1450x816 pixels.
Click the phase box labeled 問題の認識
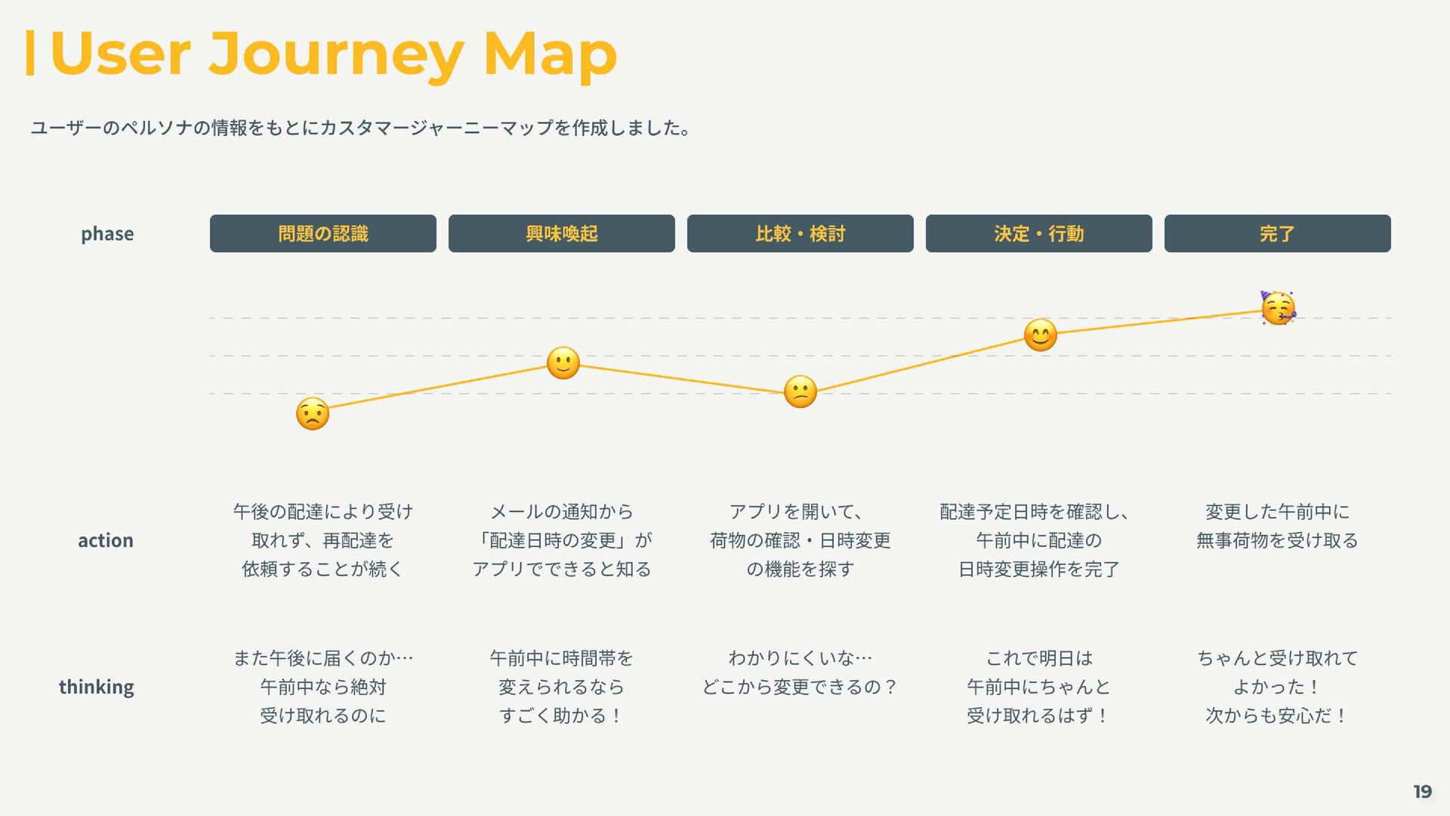[x=322, y=233]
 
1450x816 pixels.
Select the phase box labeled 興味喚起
[x=561, y=233]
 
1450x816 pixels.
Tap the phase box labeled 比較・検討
[x=800, y=233]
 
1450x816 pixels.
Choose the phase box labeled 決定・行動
[x=1038, y=233]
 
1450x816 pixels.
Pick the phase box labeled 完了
[x=1277, y=233]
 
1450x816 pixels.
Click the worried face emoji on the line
[x=313, y=414]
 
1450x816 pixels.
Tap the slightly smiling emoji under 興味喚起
[x=563, y=363]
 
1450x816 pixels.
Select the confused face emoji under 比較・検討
[x=801, y=391]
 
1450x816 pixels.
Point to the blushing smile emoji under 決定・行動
[x=1040, y=335]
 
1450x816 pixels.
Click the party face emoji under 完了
[x=1278, y=308]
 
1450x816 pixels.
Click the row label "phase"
[x=107, y=233]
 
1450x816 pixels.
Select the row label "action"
[x=106, y=540]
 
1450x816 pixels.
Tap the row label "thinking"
[x=97, y=687]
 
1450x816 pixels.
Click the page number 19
[x=1422, y=792]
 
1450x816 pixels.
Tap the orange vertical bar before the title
[x=30, y=53]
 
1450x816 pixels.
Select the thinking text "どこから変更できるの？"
[x=800, y=687]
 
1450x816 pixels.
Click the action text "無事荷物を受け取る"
[x=1277, y=540]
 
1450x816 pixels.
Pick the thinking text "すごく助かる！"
[x=561, y=716]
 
